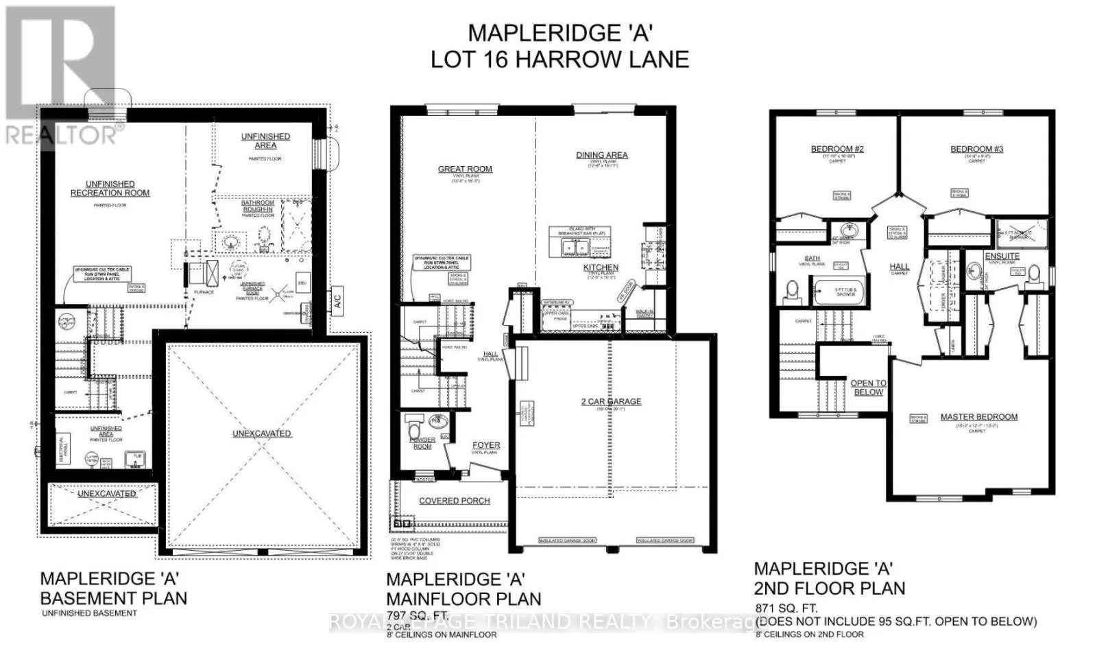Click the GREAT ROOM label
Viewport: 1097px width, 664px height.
point(465,169)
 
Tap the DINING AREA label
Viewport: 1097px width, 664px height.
point(601,155)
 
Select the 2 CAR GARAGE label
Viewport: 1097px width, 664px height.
point(611,401)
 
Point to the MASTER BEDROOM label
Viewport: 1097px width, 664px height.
point(978,417)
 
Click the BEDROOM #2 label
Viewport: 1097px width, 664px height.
point(836,149)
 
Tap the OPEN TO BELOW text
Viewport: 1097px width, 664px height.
point(868,388)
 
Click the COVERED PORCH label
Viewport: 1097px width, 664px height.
point(454,501)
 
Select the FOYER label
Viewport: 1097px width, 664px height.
point(485,445)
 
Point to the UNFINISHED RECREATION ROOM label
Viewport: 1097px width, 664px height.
point(110,189)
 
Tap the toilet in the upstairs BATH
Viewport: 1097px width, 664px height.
point(793,292)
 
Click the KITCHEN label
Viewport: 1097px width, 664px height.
point(601,268)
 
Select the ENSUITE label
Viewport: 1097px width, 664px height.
point(1002,256)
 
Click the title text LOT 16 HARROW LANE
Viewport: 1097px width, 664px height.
point(559,60)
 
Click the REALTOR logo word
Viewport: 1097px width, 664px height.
point(62,135)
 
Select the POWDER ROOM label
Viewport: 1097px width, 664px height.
point(422,443)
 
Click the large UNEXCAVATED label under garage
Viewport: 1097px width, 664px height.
point(261,434)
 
